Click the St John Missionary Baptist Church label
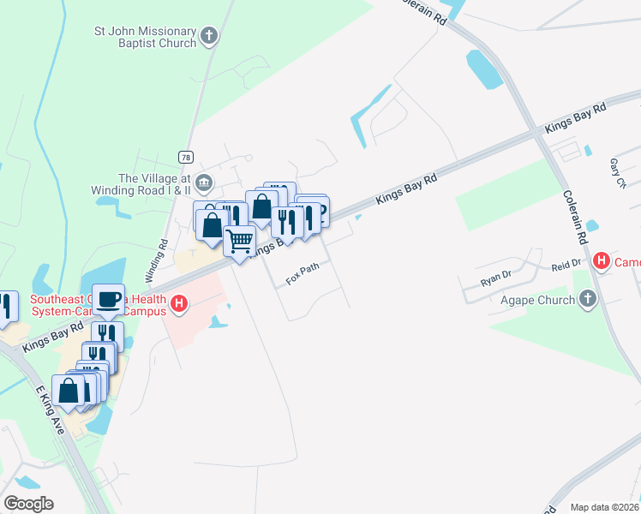click(x=145, y=36)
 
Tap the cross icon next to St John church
click(x=209, y=36)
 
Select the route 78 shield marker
click(x=185, y=157)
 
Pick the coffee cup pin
click(x=108, y=300)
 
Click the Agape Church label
click(x=538, y=300)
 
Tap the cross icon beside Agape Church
click(x=587, y=299)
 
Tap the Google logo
click(x=28, y=504)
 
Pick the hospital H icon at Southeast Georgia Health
click(x=179, y=303)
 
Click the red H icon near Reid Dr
click(x=602, y=260)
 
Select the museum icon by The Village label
click(x=204, y=181)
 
